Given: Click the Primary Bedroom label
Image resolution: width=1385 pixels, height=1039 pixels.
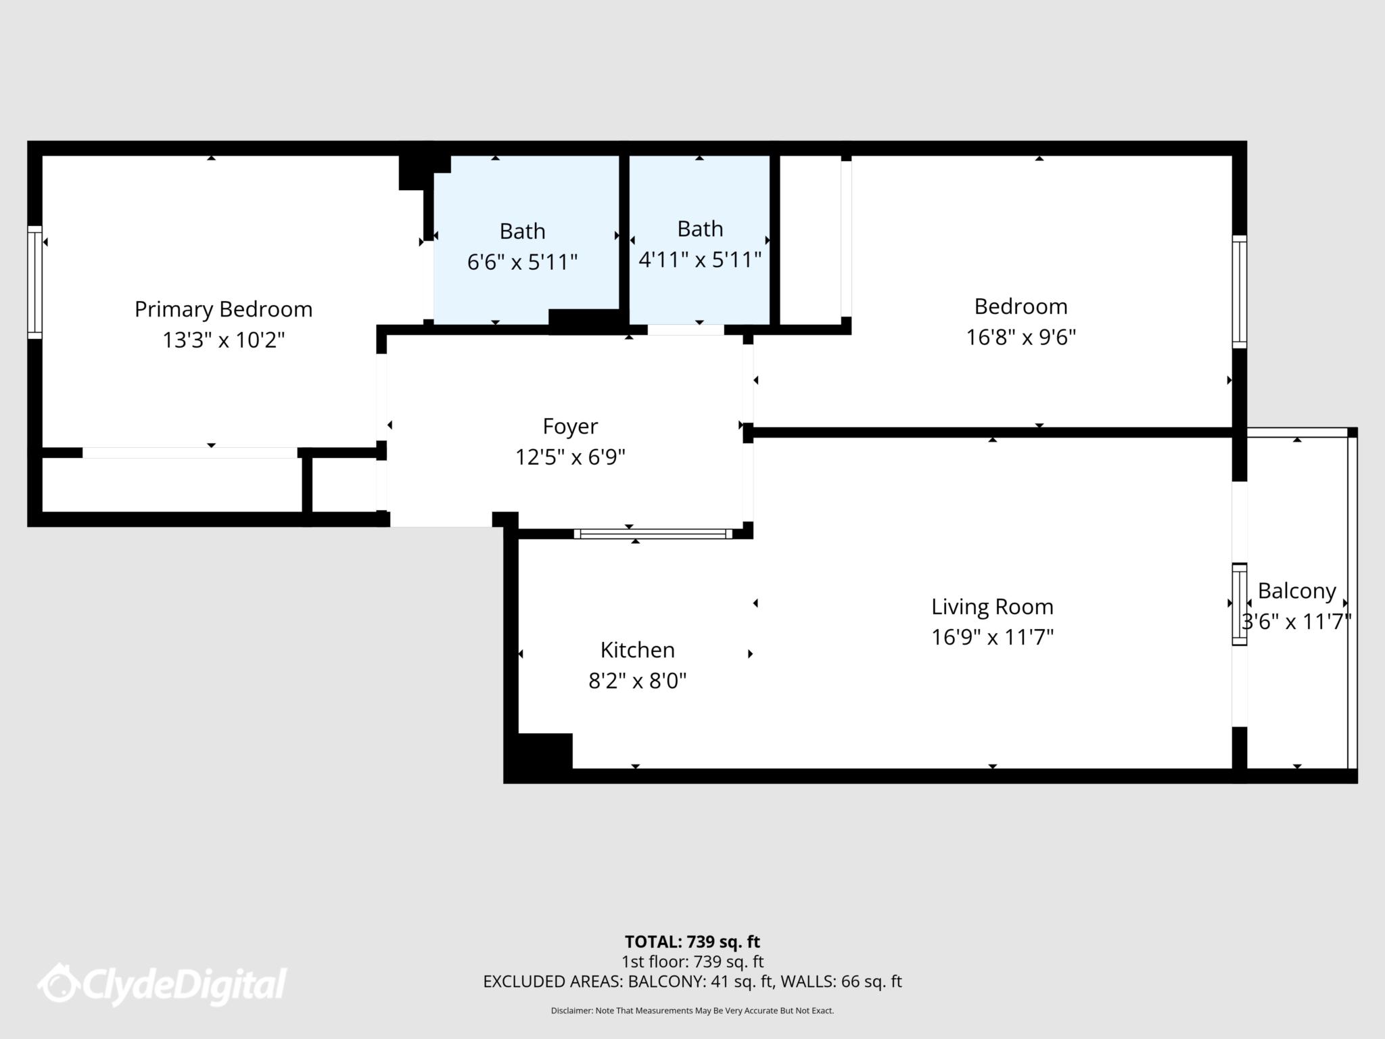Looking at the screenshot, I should (x=223, y=309).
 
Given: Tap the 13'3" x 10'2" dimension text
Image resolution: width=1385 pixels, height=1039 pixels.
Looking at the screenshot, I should (x=223, y=340).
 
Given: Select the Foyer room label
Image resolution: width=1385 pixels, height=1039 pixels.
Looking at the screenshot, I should (x=570, y=426).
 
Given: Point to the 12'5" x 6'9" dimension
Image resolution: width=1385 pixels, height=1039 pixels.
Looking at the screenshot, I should (x=570, y=457).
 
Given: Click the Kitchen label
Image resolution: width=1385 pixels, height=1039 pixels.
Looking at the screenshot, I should (x=637, y=649).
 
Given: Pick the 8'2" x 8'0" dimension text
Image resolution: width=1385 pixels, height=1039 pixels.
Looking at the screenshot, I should (x=637, y=680).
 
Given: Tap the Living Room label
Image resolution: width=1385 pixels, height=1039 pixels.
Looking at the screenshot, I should (x=992, y=606).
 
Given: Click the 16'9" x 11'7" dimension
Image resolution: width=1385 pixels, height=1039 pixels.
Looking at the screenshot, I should (x=992, y=637).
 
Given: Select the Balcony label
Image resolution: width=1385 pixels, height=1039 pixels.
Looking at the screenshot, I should (x=1296, y=591).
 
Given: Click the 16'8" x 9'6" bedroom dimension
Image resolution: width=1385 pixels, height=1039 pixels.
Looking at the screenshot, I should (x=1020, y=337).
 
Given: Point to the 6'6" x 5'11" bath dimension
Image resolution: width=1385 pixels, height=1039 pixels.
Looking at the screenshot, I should (x=522, y=262).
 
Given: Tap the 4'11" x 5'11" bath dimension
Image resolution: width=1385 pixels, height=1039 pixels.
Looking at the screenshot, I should (x=700, y=259).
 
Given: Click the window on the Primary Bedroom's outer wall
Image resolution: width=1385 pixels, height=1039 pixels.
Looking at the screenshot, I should (x=34, y=282).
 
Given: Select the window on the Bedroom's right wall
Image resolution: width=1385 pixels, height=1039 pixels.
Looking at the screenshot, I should (x=1239, y=292).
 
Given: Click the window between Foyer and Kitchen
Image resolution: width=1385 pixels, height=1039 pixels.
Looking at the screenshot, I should (x=653, y=534).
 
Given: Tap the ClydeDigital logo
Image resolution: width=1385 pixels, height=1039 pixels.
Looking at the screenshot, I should (x=162, y=984).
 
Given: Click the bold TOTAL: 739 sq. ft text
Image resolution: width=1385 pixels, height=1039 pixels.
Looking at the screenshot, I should (x=692, y=942).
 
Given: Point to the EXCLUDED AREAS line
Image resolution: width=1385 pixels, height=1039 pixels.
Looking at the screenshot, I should (x=692, y=982).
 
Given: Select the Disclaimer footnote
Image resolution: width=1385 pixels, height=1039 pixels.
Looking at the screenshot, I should (x=692, y=1011).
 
